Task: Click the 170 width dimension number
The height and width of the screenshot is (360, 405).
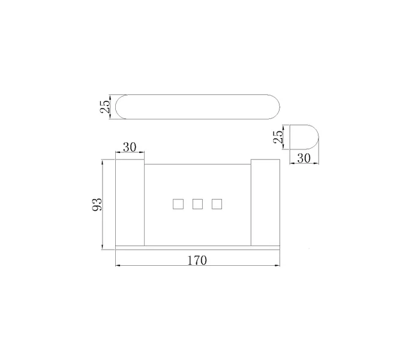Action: pos(197,260)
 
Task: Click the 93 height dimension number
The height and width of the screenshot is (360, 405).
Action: pos(97,205)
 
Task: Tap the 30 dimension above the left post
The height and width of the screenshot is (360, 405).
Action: pos(130,147)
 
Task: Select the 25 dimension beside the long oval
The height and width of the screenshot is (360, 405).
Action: pos(105,106)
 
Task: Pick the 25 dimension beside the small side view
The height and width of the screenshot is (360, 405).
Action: pos(278,137)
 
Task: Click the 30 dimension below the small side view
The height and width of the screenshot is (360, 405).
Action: pos(304,158)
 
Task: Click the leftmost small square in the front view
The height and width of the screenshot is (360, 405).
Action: pos(178,204)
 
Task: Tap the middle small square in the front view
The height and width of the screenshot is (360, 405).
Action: pos(197,204)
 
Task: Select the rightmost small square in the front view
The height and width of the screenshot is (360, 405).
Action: pos(217,204)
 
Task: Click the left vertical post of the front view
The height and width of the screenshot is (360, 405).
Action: pos(130,202)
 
